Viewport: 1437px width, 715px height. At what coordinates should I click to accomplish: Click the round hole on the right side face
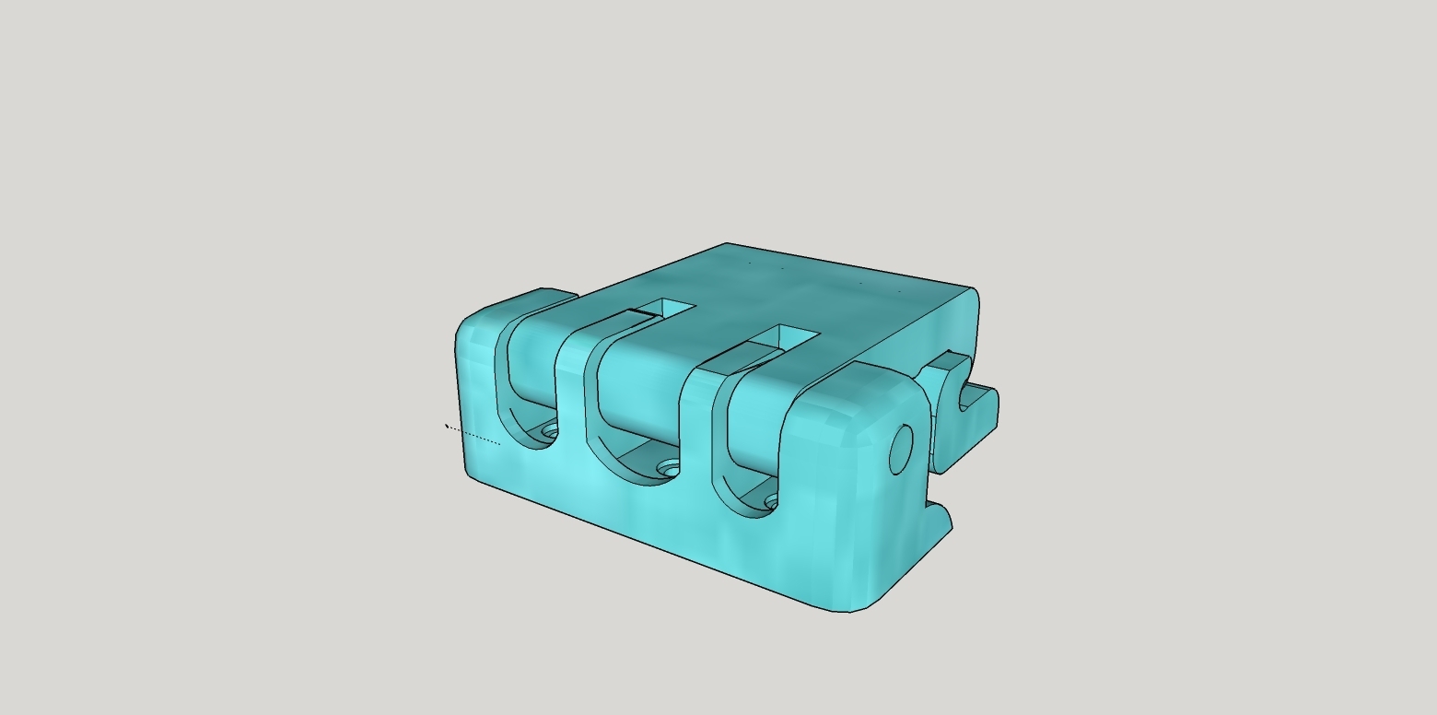click(x=901, y=450)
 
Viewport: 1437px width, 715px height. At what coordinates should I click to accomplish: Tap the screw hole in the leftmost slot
click(x=550, y=430)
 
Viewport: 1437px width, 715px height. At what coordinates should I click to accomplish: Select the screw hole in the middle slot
click(x=671, y=470)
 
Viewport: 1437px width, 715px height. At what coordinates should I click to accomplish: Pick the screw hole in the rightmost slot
click(x=772, y=502)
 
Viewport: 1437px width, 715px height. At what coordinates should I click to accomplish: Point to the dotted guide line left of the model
click(x=473, y=435)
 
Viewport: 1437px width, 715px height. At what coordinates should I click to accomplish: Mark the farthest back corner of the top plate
click(x=727, y=244)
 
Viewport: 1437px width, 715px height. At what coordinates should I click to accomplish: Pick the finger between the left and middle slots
click(x=570, y=387)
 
